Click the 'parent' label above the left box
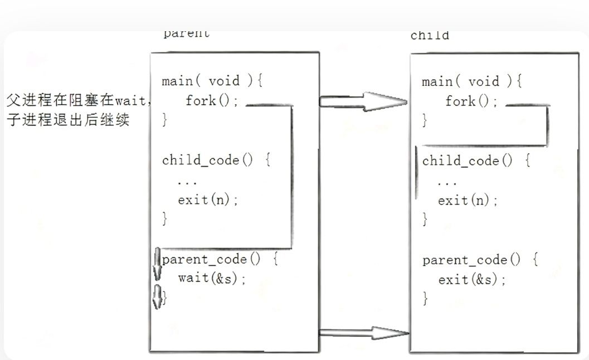click(187, 33)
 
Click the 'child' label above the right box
click(430, 36)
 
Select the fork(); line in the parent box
click(212, 101)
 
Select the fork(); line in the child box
click(471, 101)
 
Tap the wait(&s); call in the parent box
click(212, 278)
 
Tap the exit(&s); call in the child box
click(473, 280)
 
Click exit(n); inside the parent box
click(208, 200)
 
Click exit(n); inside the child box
click(468, 201)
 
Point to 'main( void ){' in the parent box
click(212, 81)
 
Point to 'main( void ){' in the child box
click(472, 82)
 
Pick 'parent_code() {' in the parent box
click(220, 260)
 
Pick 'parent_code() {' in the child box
click(480, 260)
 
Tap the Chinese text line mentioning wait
click(79, 100)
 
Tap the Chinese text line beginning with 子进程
click(68, 119)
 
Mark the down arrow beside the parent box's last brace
click(157, 296)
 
